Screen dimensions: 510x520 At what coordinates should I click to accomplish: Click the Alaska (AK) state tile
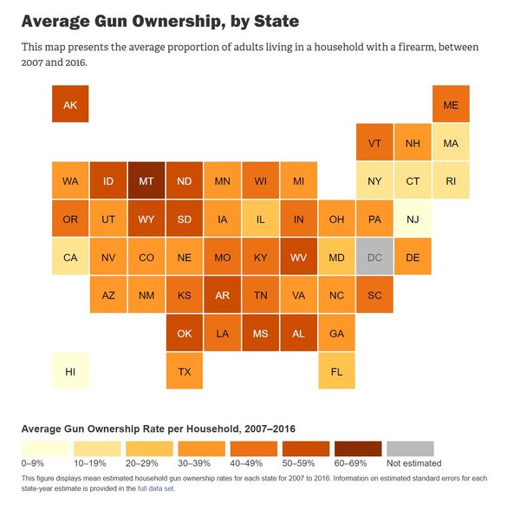click(x=70, y=105)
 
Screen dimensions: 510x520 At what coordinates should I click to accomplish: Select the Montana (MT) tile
click(x=146, y=181)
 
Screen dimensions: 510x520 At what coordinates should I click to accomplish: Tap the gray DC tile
click(x=375, y=258)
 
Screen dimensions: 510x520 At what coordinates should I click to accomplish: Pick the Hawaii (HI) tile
click(x=70, y=372)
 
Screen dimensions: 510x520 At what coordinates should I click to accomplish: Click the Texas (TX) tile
click(x=185, y=372)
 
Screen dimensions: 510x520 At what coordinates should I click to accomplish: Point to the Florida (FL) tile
click(x=337, y=372)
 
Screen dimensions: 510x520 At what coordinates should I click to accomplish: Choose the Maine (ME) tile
click(x=451, y=105)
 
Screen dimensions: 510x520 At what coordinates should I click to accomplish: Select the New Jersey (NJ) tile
click(x=413, y=219)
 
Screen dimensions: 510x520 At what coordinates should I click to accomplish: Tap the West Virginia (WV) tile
click(x=299, y=258)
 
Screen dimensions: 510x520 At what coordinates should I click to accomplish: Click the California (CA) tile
click(x=70, y=258)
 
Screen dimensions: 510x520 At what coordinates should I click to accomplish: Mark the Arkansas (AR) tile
click(x=223, y=296)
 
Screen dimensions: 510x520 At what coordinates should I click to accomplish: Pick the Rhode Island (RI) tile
click(x=451, y=181)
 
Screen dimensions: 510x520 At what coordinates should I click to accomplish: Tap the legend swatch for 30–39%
click(x=202, y=448)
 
